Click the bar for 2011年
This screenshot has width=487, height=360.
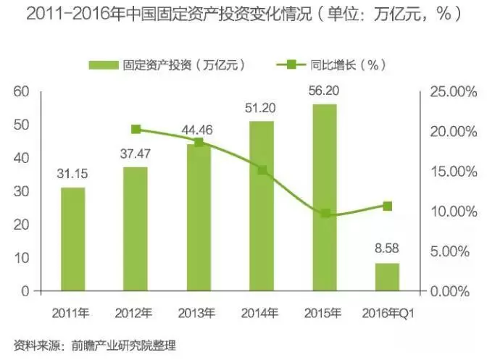coord(72,239)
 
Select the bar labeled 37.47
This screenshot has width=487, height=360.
coord(136,229)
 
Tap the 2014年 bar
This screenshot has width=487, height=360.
coord(262,206)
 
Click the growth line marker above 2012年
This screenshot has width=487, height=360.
coord(136,130)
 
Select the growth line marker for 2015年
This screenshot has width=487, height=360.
coord(325,214)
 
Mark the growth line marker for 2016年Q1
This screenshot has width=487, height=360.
coord(388,206)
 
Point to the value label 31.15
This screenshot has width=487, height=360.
coord(72,175)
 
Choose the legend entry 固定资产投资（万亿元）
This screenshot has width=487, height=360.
coord(167,64)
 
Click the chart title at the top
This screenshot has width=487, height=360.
coord(243,14)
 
